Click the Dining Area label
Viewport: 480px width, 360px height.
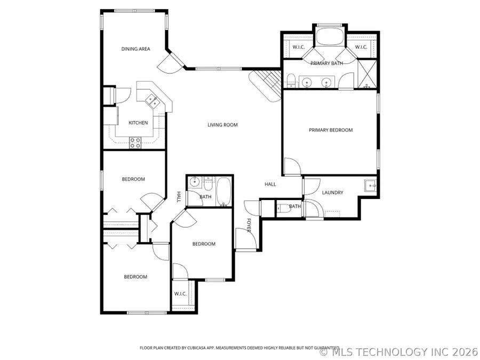(135, 49)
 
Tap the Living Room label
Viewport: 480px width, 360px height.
(222, 125)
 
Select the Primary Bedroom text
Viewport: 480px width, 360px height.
(331, 130)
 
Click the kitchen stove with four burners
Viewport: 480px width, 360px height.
(135, 142)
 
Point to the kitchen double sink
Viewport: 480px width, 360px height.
(153, 101)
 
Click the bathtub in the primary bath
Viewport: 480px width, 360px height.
(330, 37)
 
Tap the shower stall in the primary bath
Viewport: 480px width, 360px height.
(367, 74)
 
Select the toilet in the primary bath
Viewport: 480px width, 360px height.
(291, 81)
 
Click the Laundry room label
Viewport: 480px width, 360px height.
(332, 193)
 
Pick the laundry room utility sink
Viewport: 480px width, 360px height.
(370, 186)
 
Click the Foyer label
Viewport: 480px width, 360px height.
(249, 225)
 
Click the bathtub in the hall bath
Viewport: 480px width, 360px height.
(224, 192)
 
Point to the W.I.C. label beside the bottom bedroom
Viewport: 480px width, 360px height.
(180, 294)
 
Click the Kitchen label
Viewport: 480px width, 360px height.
(138, 123)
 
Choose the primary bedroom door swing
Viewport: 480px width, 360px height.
(293, 166)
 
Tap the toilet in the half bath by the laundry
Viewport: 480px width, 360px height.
(283, 209)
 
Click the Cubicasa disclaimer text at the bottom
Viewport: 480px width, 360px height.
(239, 348)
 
